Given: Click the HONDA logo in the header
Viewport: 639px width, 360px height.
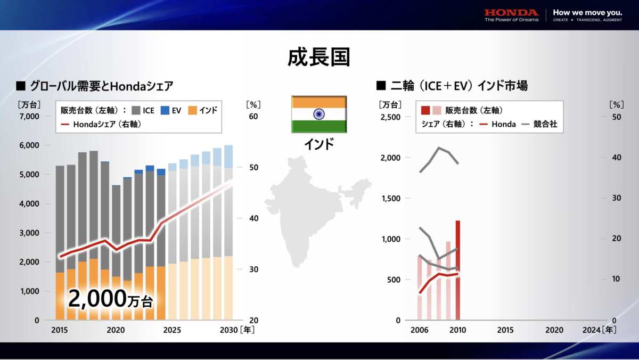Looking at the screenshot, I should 511,12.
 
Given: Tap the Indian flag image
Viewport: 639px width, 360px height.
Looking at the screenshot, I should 319,114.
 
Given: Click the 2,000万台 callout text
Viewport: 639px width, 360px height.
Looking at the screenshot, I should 110,299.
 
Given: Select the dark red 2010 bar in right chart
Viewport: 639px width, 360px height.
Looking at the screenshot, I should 458,270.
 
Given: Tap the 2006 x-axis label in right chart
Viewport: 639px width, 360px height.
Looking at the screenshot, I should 420,330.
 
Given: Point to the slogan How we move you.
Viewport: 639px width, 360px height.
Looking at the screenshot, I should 587,12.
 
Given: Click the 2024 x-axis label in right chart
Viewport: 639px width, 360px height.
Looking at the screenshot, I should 592,330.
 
